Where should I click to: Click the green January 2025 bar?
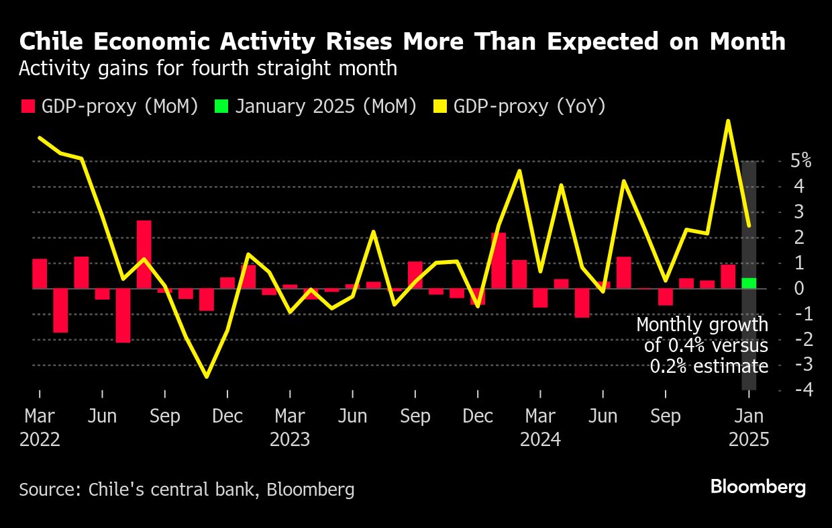749,283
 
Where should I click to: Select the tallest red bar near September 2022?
144,254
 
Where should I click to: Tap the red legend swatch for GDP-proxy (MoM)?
28,106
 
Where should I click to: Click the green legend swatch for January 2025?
221,106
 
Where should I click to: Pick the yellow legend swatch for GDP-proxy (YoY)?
440,106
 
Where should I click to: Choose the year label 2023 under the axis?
290,440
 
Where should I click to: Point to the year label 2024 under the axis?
541,440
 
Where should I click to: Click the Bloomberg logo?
758,488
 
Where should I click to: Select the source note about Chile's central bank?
187,489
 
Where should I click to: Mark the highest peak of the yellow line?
728,122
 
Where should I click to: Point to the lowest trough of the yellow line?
206,377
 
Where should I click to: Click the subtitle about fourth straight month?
208,69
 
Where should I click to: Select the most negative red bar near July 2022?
123,315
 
